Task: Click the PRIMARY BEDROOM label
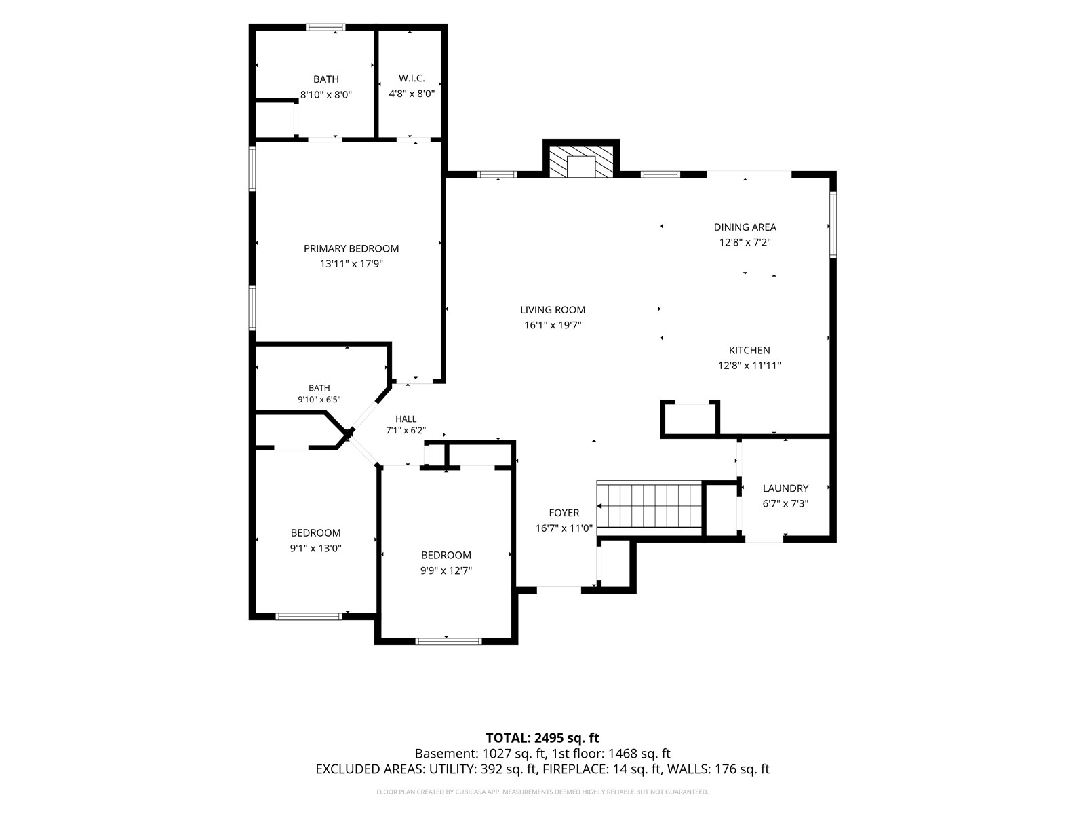[x=351, y=248]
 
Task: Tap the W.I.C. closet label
[x=411, y=78]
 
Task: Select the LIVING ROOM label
[x=552, y=310]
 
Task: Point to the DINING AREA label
[x=745, y=227]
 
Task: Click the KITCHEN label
[x=749, y=351]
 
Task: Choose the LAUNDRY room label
[x=785, y=488]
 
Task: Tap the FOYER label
[x=564, y=513]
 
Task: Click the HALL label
[x=406, y=419]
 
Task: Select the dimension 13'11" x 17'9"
[x=351, y=264]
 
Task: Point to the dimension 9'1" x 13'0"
[x=315, y=548]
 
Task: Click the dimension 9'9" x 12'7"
[x=446, y=570]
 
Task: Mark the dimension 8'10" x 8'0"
[x=325, y=94]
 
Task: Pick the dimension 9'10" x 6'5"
[x=319, y=400]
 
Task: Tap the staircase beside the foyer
[x=649, y=506]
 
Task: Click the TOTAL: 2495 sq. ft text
[x=542, y=738]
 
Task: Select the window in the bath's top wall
[x=325, y=27]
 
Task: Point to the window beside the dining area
[x=833, y=225]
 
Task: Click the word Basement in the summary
[x=446, y=754]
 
